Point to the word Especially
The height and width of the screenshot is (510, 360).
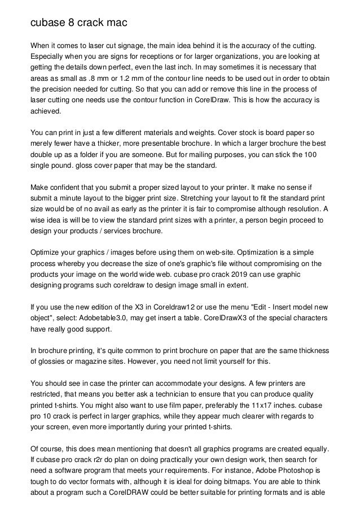[x=50, y=57]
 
